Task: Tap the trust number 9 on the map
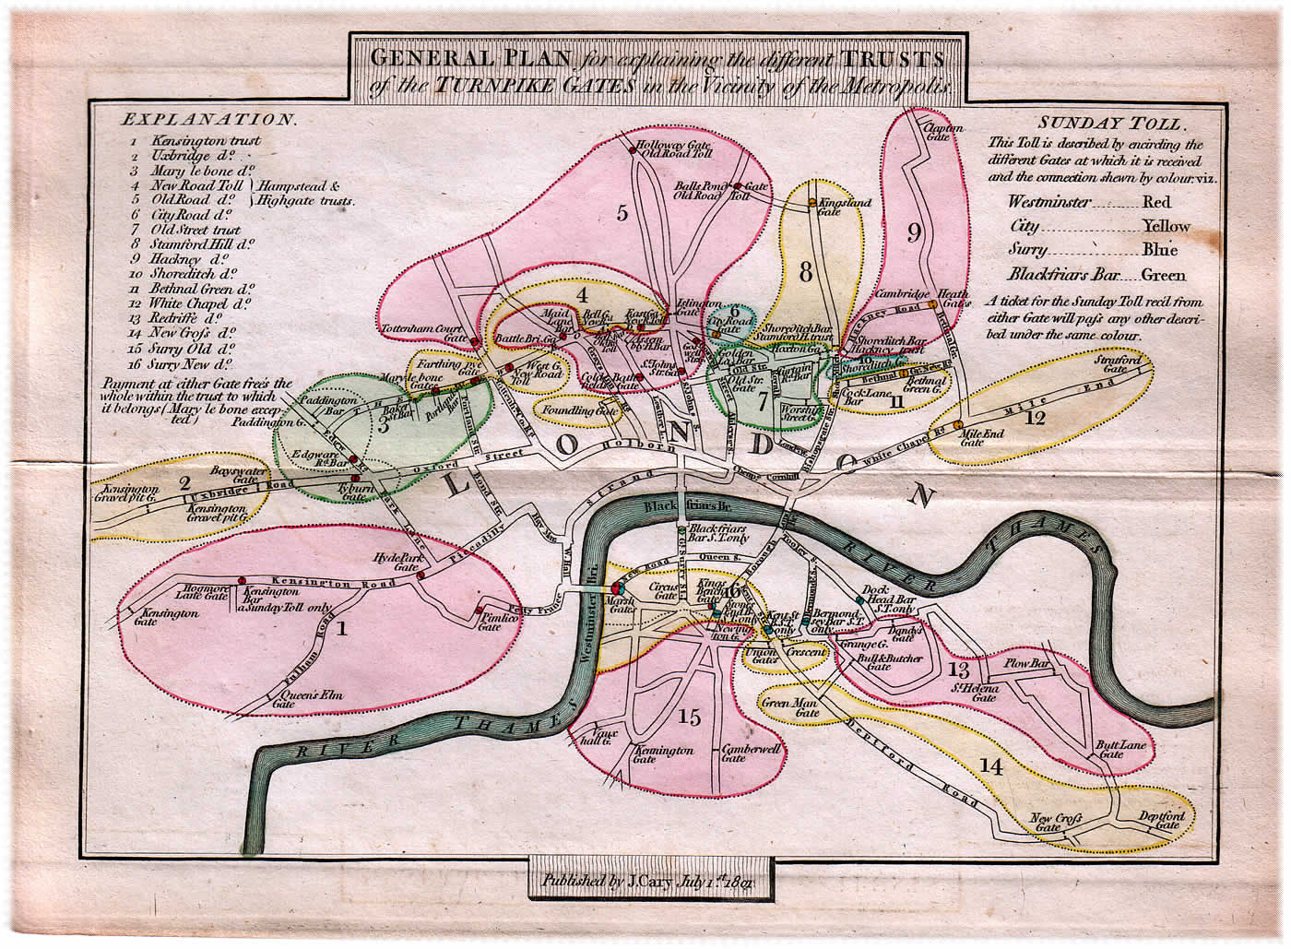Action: pos(914,232)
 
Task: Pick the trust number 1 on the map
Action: pos(342,630)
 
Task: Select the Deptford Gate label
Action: pos(1160,821)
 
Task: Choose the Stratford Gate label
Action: pos(1113,365)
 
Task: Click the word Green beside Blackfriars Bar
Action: pos(1163,275)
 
